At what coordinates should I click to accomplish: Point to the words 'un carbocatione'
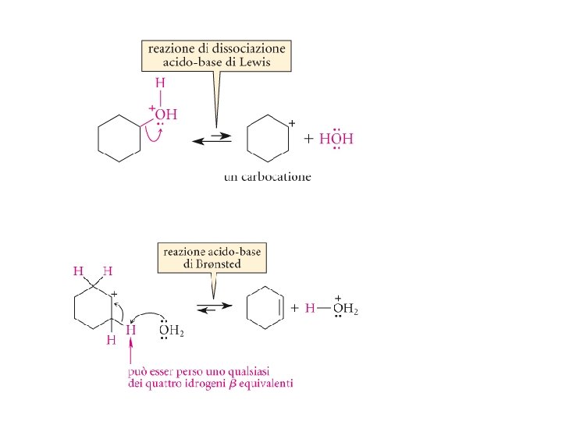click(267, 177)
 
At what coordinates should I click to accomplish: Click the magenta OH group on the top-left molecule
click(165, 115)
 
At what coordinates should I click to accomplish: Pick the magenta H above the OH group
click(160, 83)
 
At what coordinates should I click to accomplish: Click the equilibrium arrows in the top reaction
click(211, 139)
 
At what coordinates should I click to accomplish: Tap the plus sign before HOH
click(308, 140)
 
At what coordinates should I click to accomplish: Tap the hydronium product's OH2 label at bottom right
click(345, 309)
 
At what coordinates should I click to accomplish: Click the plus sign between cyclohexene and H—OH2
click(294, 308)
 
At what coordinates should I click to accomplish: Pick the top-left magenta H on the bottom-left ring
click(78, 271)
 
